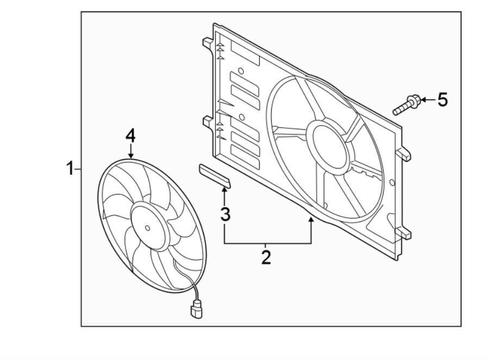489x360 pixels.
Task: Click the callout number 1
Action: [x=70, y=169]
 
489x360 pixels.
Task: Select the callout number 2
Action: [x=266, y=256]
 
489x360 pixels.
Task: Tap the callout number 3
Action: [x=224, y=214]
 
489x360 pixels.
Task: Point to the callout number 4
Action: [x=130, y=135]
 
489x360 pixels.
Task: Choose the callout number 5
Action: [x=443, y=100]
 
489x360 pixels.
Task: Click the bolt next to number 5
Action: [x=405, y=105]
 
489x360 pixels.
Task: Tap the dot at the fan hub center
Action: [x=148, y=228]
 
